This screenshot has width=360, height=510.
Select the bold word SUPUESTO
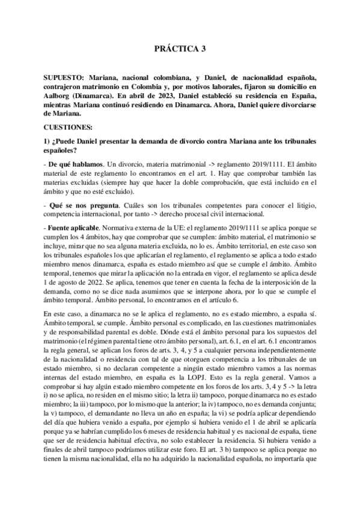tap(65, 78)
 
